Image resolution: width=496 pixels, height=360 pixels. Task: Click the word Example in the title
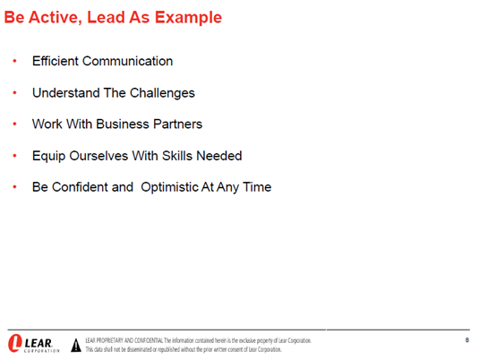pos(188,17)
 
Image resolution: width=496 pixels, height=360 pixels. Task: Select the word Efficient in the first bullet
pos(56,61)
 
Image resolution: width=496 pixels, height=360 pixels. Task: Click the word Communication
pos(127,61)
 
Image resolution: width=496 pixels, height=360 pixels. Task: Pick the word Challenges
pos(162,93)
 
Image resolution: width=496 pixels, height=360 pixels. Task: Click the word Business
pos(123,124)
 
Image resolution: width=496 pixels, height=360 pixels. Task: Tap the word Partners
pos(178,124)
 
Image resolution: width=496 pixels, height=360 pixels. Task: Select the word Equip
pos(48,157)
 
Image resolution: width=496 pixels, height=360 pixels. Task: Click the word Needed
pos(219,156)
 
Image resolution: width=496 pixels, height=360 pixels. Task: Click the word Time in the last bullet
pos(257,187)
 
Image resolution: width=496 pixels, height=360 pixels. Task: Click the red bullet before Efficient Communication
pos(14,61)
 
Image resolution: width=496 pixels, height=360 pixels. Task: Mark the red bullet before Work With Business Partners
pos(14,124)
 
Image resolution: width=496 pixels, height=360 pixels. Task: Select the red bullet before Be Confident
pos(14,187)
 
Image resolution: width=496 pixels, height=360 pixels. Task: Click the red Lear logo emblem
pos(14,343)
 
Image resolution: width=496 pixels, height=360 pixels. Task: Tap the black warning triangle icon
pos(76,345)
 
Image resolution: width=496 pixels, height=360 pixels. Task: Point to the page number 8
pos(467,340)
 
